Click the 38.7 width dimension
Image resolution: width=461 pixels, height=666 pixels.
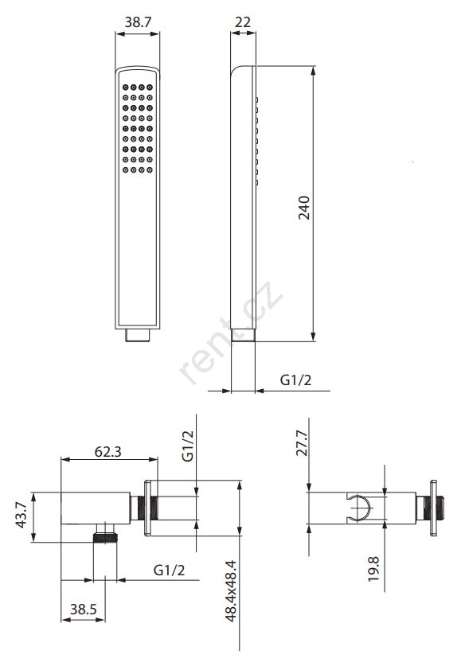pyautogui.click(x=138, y=22)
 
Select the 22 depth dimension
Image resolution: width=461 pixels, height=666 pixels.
pyautogui.click(x=243, y=22)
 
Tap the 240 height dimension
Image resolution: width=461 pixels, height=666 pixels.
pyautogui.click(x=304, y=208)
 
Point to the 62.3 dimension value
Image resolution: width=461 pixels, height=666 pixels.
pyautogui.click(x=107, y=451)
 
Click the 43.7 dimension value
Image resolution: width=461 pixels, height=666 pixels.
pyautogui.click(x=21, y=515)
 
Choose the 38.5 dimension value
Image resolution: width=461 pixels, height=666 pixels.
pyautogui.click(x=84, y=610)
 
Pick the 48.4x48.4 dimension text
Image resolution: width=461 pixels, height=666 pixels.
pyautogui.click(x=231, y=591)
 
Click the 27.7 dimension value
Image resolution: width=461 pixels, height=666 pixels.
pyautogui.click(x=302, y=442)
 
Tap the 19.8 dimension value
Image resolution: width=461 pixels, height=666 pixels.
pyautogui.click(x=373, y=569)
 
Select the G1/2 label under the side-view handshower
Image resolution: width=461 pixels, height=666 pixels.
pyautogui.click(x=295, y=380)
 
